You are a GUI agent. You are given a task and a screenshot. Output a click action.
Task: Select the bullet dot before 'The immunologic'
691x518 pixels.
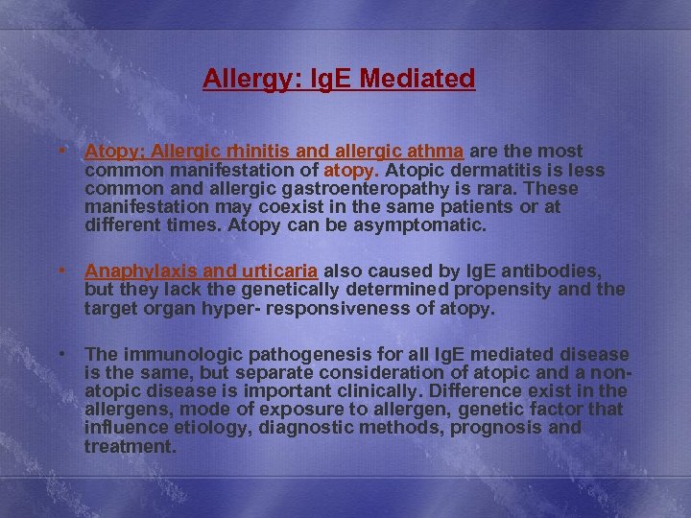(61, 354)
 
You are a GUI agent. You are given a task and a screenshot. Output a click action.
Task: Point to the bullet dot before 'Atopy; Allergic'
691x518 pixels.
(61, 151)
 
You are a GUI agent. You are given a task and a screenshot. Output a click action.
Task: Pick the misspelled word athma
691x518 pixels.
(438, 152)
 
